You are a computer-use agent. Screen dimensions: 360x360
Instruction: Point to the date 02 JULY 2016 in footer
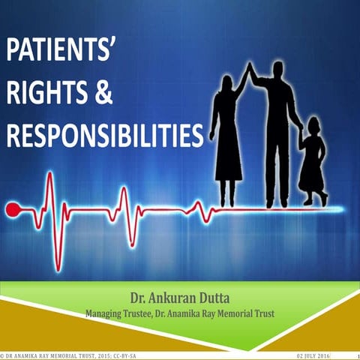coord(314,355)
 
